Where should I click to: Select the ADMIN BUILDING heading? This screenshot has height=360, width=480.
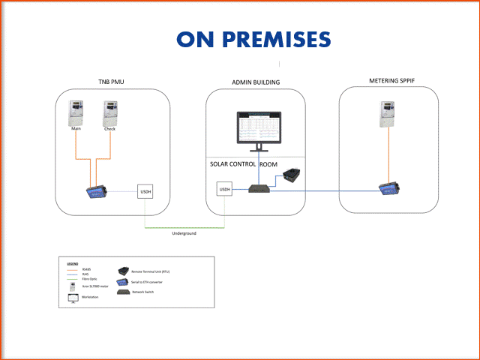256,81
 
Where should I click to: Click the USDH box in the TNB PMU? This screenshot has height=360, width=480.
147,193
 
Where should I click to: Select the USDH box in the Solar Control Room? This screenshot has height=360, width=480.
225,190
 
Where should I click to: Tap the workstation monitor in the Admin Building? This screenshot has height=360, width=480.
258,129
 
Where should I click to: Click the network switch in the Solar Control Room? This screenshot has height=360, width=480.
259,187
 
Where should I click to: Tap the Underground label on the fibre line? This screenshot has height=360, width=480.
184,233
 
